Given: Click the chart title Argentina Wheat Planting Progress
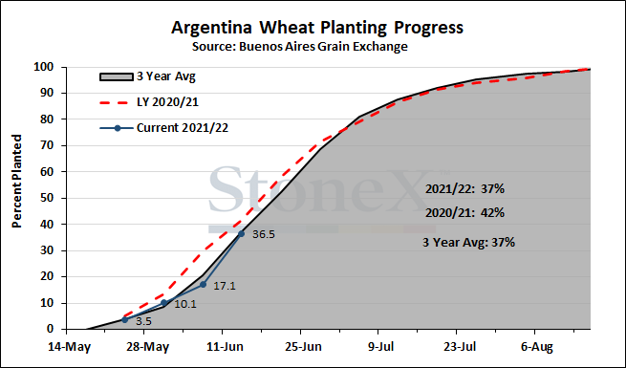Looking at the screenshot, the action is pos(317,28).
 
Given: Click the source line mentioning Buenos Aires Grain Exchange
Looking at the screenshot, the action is pos(300,47).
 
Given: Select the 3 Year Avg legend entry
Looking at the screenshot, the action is pos(147,76).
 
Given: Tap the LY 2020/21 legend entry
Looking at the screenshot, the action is pos(148,102).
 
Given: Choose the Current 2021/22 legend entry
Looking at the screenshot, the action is pos(163,128).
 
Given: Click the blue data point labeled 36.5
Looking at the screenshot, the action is pos(241,233).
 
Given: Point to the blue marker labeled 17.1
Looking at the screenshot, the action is pos(203,285).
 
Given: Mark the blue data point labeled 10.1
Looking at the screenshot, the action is pos(163,303).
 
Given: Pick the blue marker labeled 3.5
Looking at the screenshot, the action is pos(124,319).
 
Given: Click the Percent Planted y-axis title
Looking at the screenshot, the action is pos(16,182).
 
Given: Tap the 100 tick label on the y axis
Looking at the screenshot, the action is pos(44,67).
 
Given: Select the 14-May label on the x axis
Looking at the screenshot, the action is pos(70,347).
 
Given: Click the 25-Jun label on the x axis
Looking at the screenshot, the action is pos(303,347).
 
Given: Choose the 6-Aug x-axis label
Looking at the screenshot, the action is pos(537,347).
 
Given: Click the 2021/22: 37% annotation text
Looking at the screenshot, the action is pos(464,189).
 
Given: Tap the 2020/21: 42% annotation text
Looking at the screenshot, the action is pos(464,213).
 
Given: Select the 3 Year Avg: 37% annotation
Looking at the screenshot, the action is pos(468,242).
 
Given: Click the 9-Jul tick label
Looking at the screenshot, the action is pos(381,347).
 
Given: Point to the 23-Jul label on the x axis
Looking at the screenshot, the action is pos(460,347).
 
